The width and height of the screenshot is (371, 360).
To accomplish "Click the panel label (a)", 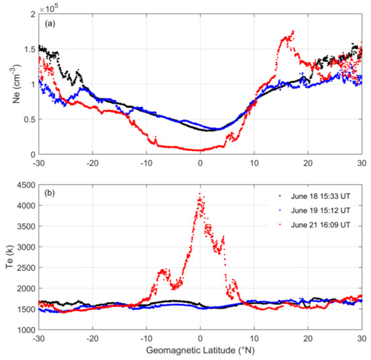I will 50,24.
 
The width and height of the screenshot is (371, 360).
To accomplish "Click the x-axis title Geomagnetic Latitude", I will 200,353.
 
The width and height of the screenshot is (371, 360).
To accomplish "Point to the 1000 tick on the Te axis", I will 24,330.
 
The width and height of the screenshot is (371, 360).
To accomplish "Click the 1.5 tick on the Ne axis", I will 27,49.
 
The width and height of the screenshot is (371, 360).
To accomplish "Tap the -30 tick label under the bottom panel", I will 38,339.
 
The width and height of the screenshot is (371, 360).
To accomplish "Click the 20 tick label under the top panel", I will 307,163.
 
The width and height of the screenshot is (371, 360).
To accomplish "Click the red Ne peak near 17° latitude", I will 291,32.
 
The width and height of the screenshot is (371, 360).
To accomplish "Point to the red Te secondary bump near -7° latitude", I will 163,270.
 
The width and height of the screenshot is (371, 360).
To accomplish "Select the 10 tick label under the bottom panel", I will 254,339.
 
